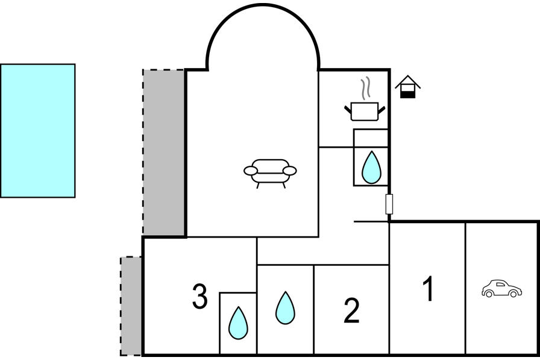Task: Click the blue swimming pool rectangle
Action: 37,130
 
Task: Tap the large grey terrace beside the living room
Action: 163,152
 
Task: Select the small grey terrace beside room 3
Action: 131,306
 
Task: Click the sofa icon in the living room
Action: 270,171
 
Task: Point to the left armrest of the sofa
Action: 251,171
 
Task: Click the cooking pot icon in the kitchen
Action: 365,111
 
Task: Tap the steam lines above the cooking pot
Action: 365,89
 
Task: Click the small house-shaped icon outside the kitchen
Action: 408,86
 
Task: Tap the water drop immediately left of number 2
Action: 285,308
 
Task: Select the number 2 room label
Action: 351,310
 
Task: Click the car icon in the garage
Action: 501,289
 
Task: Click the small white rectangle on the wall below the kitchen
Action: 389,204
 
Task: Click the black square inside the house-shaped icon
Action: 408,93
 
